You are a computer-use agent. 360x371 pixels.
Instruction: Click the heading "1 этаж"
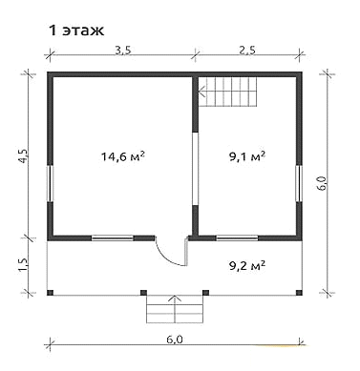tap(76, 31)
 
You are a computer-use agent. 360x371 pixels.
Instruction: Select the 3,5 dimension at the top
tap(123, 51)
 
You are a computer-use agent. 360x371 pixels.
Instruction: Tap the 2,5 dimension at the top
tap(247, 51)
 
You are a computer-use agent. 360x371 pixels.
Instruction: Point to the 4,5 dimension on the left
tap(26, 156)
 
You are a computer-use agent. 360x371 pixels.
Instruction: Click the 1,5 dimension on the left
tap(26, 262)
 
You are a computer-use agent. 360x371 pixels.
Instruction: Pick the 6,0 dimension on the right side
tap(323, 183)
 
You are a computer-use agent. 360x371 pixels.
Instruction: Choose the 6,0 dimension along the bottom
tap(175, 340)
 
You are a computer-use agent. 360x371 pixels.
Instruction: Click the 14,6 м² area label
tap(123, 156)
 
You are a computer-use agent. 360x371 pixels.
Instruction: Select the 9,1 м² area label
tap(247, 156)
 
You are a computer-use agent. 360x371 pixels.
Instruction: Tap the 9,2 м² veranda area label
tap(247, 265)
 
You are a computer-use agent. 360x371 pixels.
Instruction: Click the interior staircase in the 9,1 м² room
tap(227, 92)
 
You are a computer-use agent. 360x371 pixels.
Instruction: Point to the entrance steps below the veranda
tap(175, 309)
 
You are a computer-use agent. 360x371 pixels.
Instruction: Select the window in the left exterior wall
tap(51, 184)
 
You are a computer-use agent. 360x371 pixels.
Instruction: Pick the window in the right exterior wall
tap(299, 184)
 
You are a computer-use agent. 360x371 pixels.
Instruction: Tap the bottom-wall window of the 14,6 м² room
tap(113, 237)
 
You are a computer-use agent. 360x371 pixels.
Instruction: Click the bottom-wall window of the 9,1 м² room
tap(237, 237)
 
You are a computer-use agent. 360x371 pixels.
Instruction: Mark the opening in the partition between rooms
tap(196, 169)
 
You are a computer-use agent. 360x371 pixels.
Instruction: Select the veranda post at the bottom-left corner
tap(50, 293)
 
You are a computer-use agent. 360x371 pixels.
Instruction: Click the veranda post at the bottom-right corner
tap(299, 293)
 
